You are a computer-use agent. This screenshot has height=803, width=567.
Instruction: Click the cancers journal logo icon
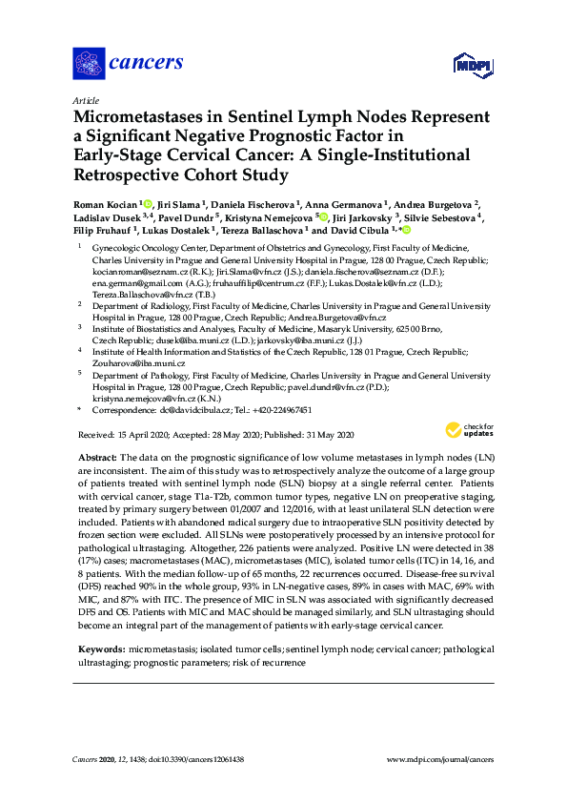[89, 65]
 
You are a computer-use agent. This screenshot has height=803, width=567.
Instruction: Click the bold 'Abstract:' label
[97, 460]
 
